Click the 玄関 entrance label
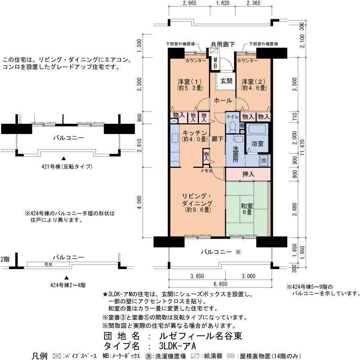coord(226,81)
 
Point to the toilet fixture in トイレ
coord(232,127)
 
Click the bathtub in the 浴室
coord(257,129)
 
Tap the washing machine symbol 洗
coord(263,160)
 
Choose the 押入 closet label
coord(248,174)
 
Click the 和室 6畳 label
coord(247,209)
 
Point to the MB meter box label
coord(215,63)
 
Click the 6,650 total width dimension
coord(220,284)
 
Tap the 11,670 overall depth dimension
coord(303,147)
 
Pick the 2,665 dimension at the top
coord(189,3)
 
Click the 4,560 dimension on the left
coord(139,202)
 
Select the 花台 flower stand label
coord(48,265)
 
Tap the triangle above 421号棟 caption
coord(64,158)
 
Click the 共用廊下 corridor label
coord(223,44)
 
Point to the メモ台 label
coord(206,171)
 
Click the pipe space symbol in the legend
coord(57,356)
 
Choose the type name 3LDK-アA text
coord(177,346)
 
